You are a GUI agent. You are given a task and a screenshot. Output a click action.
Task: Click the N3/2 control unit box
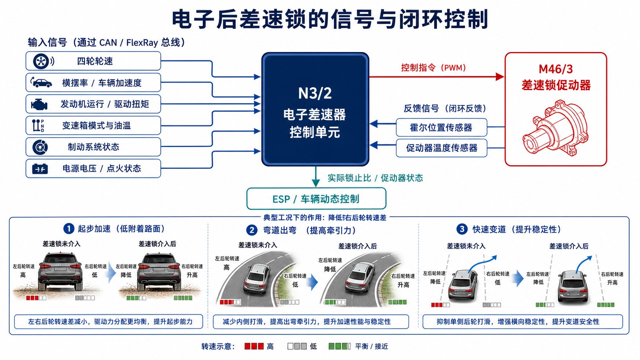point(315,109)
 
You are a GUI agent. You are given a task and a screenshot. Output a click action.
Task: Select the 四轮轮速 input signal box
point(93,61)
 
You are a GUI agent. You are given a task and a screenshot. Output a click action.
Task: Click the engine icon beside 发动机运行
point(39,104)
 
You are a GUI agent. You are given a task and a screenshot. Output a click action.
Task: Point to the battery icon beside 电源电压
point(40,168)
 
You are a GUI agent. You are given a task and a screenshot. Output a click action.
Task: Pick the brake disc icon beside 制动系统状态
point(40,147)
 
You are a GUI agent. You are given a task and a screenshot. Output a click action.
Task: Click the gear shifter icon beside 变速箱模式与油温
point(38,125)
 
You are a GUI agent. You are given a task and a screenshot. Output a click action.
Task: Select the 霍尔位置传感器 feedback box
point(441,127)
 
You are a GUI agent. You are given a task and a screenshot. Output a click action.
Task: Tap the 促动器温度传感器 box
point(441,148)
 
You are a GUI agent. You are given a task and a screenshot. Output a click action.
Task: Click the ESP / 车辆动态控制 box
point(316,199)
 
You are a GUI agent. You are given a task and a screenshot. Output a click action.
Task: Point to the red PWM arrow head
point(500,77)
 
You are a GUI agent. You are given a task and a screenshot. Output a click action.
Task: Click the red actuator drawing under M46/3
point(555,128)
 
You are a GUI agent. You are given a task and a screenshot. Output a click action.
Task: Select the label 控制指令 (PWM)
point(433,68)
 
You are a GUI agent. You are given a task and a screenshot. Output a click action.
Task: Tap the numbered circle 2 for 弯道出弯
point(252,230)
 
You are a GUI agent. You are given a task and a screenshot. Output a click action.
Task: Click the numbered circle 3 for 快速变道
point(462,229)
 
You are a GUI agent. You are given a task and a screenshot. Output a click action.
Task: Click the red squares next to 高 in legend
point(254,346)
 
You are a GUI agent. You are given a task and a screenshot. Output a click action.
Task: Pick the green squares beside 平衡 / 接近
point(340,346)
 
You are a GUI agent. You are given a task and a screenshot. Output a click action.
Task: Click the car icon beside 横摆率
point(41,83)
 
